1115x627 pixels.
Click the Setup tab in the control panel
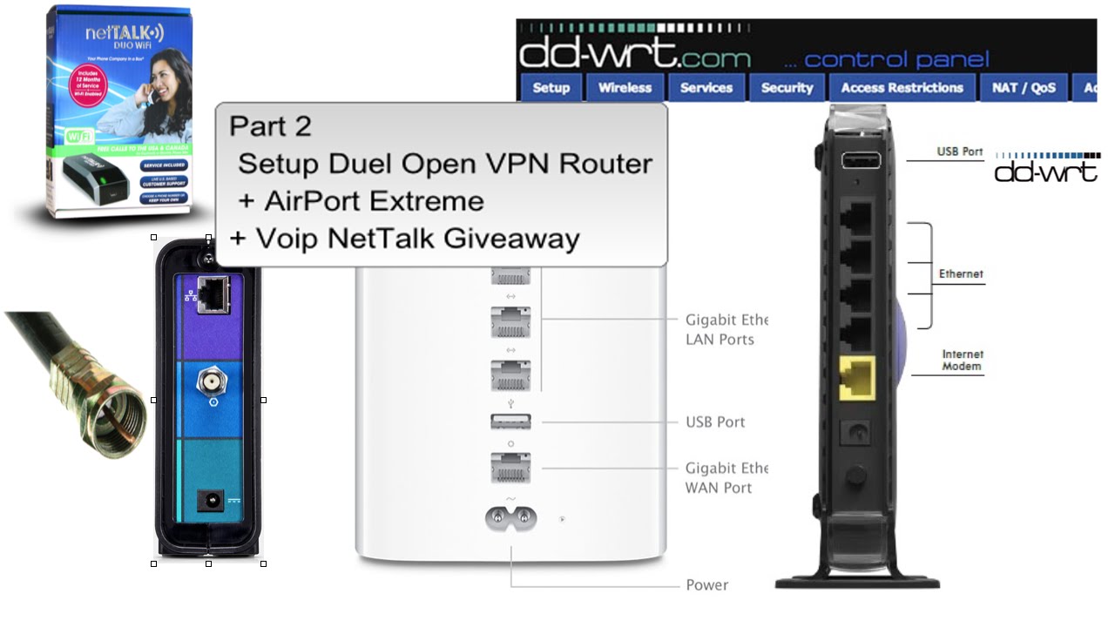[551, 88]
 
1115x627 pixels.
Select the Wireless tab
[625, 88]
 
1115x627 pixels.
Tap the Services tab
[706, 88]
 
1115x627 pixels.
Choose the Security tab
[787, 88]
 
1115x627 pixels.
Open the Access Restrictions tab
[902, 88]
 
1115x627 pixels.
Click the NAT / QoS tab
[1024, 88]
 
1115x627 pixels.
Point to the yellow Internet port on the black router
[857, 377]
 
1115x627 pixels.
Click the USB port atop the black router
[860, 160]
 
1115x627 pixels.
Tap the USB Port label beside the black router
[959, 152]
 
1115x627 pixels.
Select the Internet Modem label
[962, 361]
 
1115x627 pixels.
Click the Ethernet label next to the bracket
[960, 274]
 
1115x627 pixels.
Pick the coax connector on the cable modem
[209, 381]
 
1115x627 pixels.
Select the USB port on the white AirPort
[510, 422]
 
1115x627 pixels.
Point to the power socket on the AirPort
[510, 519]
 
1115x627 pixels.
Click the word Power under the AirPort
[706, 585]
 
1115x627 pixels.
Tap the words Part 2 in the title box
[270, 126]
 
